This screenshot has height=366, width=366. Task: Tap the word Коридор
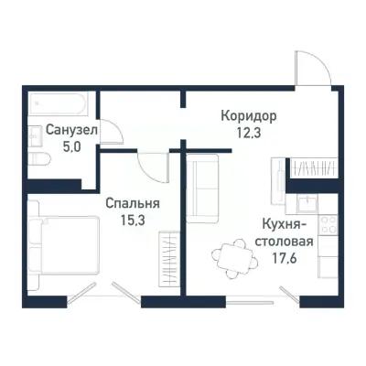[248, 116]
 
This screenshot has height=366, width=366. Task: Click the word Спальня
[127, 204]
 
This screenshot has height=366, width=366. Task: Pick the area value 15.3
[127, 219]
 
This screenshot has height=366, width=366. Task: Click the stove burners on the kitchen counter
[326, 225]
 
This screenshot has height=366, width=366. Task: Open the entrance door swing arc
[309, 66]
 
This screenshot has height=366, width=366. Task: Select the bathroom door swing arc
[110, 132]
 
